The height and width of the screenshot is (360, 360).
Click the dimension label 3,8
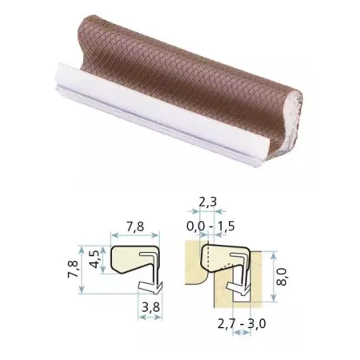(150, 307)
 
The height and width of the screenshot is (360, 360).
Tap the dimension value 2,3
(208, 202)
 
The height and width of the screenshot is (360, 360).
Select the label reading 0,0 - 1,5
(210, 226)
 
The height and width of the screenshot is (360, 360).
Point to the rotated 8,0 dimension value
(282, 278)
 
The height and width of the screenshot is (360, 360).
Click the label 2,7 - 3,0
(242, 324)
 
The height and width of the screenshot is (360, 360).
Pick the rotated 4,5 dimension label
(94, 260)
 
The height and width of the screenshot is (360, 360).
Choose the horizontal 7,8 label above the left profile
(135, 226)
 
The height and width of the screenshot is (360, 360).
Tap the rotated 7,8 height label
(73, 270)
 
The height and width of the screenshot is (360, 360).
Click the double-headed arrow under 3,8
(150, 317)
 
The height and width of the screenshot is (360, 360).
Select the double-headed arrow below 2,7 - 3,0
(242, 332)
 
